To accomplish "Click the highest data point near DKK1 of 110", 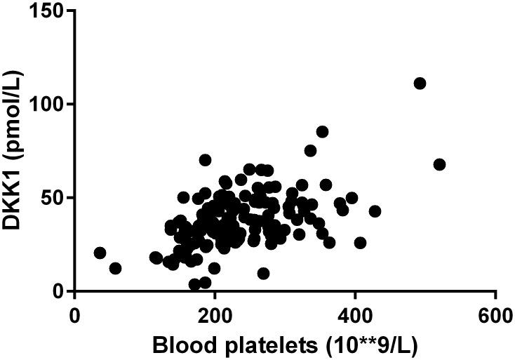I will pos(420,84).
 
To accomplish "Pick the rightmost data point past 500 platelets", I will pos(440,164).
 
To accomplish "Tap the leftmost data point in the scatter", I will pos(100,253).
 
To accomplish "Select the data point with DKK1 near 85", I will pos(322,132).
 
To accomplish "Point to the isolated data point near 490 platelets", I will pos(420,84).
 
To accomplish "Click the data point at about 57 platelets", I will pos(115,268).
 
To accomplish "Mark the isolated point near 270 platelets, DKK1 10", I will pos(263,273).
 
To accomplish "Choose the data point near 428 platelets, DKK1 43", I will pos(375,211).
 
